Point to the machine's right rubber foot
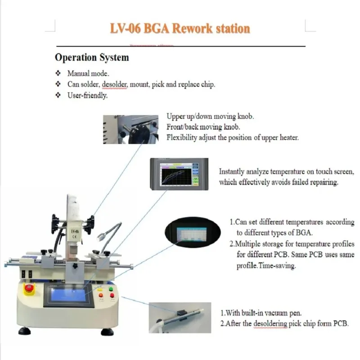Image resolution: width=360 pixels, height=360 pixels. coord(107,333)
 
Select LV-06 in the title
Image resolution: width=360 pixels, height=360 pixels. coord(125,29)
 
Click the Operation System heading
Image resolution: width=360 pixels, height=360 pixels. coord(92,58)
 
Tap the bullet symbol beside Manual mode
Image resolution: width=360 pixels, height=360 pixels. coord(58,73)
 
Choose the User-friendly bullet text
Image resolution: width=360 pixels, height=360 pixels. coord(87,95)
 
